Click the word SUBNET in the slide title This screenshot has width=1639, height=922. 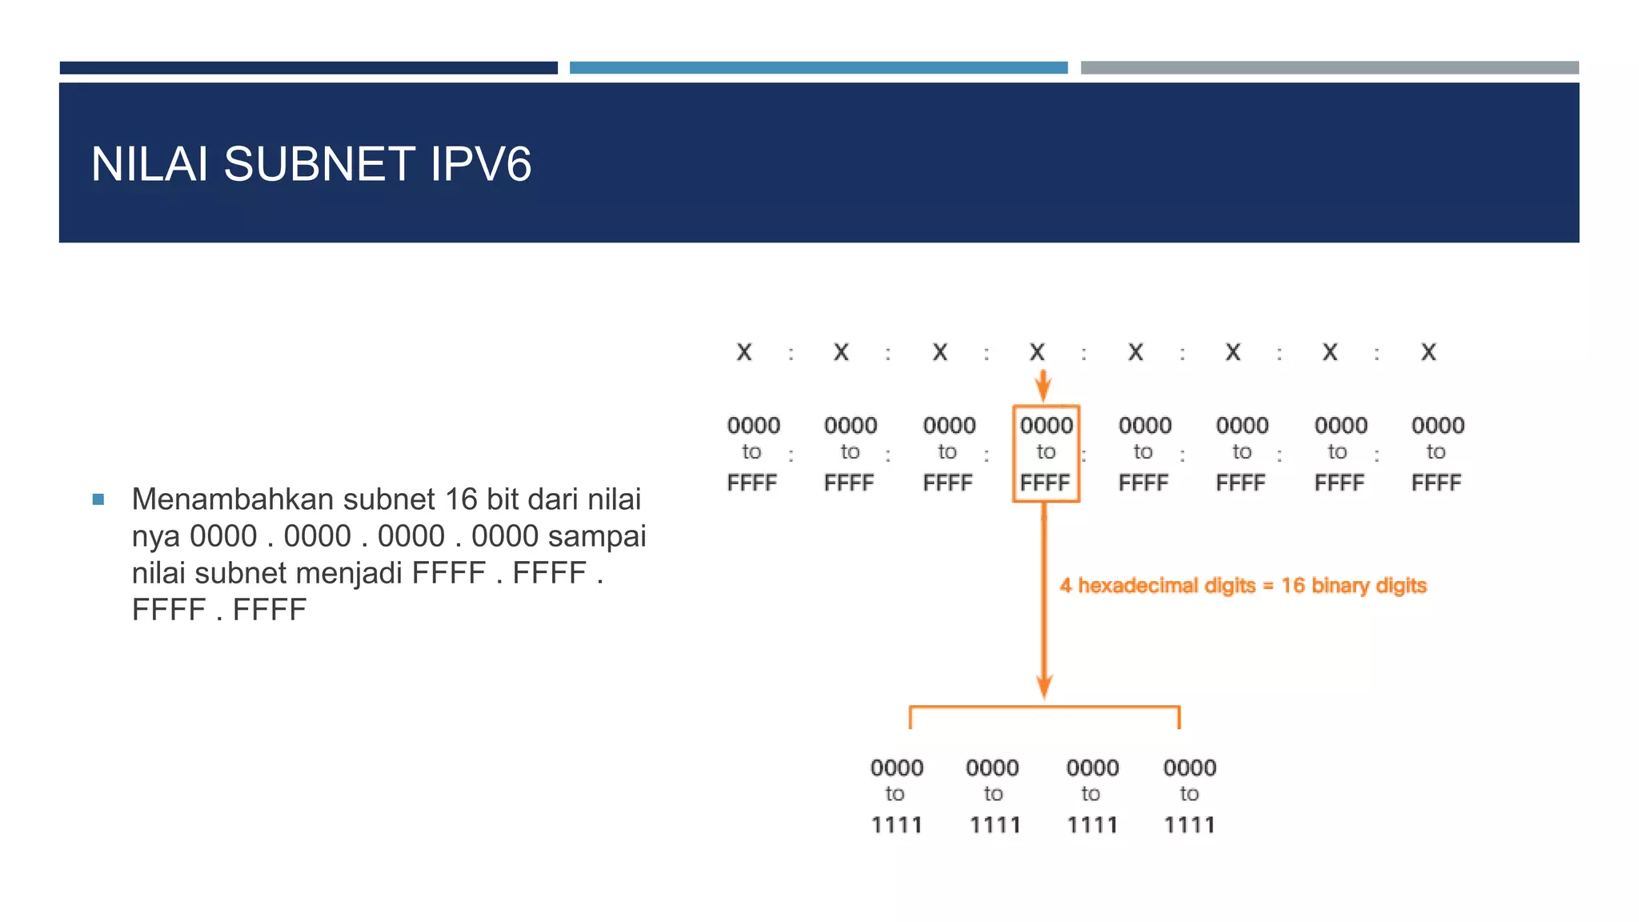(319, 164)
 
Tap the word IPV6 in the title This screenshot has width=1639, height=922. (480, 164)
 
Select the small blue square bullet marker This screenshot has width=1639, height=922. (98, 500)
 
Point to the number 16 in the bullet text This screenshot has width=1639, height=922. (461, 499)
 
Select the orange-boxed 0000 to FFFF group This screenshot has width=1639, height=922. (1046, 454)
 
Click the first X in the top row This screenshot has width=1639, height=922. (744, 352)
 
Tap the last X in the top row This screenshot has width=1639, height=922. (1429, 352)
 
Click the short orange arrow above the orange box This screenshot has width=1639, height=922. (1043, 386)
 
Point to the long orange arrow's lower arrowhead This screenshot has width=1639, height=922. (1044, 687)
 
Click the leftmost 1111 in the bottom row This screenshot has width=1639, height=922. (896, 825)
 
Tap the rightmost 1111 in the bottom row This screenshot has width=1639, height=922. (1189, 825)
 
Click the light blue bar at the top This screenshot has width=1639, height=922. (818, 68)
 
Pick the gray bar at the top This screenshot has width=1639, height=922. (1329, 68)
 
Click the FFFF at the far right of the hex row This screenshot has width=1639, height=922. (1437, 483)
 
